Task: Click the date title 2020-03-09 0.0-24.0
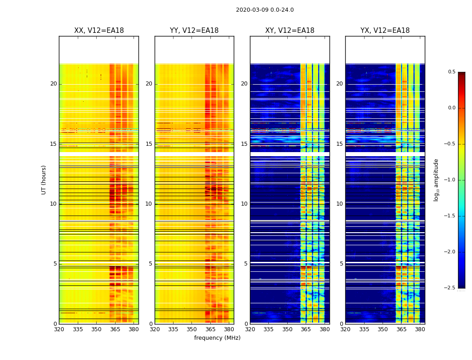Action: (x=265, y=10)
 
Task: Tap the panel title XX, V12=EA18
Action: (x=99, y=31)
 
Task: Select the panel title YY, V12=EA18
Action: (x=194, y=31)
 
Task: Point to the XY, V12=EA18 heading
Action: (x=289, y=31)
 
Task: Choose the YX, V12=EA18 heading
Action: (x=385, y=31)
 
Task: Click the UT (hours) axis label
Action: (x=44, y=180)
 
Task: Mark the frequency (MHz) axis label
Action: (x=217, y=338)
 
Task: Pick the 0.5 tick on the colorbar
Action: (x=452, y=72)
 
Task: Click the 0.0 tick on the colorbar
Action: (x=452, y=108)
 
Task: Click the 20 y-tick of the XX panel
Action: (x=53, y=84)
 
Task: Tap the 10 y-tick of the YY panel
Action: (x=149, y=204)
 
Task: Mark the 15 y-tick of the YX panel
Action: (x=339, y=144)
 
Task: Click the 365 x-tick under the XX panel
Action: (x=115, y=329)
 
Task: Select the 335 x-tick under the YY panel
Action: (x=173, y=329)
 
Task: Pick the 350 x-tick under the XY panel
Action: (x=287, y=329)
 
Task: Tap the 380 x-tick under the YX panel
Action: (x=420, y=329)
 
